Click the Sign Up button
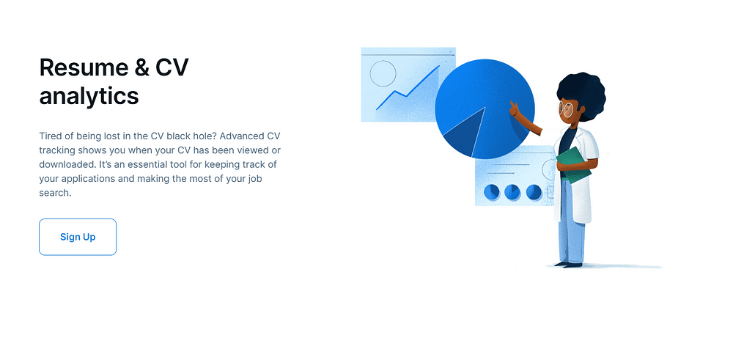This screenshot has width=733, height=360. (x=78, y=237)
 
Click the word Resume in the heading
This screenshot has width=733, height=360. (x=84, y=67)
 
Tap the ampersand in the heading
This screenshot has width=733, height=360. (x=142, y=67)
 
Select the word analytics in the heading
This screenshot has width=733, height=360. (x=89, y=96)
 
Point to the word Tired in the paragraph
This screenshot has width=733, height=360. (x=50, y=136)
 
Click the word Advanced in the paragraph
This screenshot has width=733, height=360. (x=242, y=136)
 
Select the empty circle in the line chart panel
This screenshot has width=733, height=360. (x=383, y=73)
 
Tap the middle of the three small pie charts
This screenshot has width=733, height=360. (x=512, y=191)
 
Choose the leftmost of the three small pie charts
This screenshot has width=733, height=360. (x=491, y=191)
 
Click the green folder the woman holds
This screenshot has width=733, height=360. (x=574, y=164)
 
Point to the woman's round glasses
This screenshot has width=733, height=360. (x=567, y=109)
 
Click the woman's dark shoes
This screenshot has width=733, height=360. (x=568, y=265)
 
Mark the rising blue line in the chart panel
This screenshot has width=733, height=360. (x=408, y=88)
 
